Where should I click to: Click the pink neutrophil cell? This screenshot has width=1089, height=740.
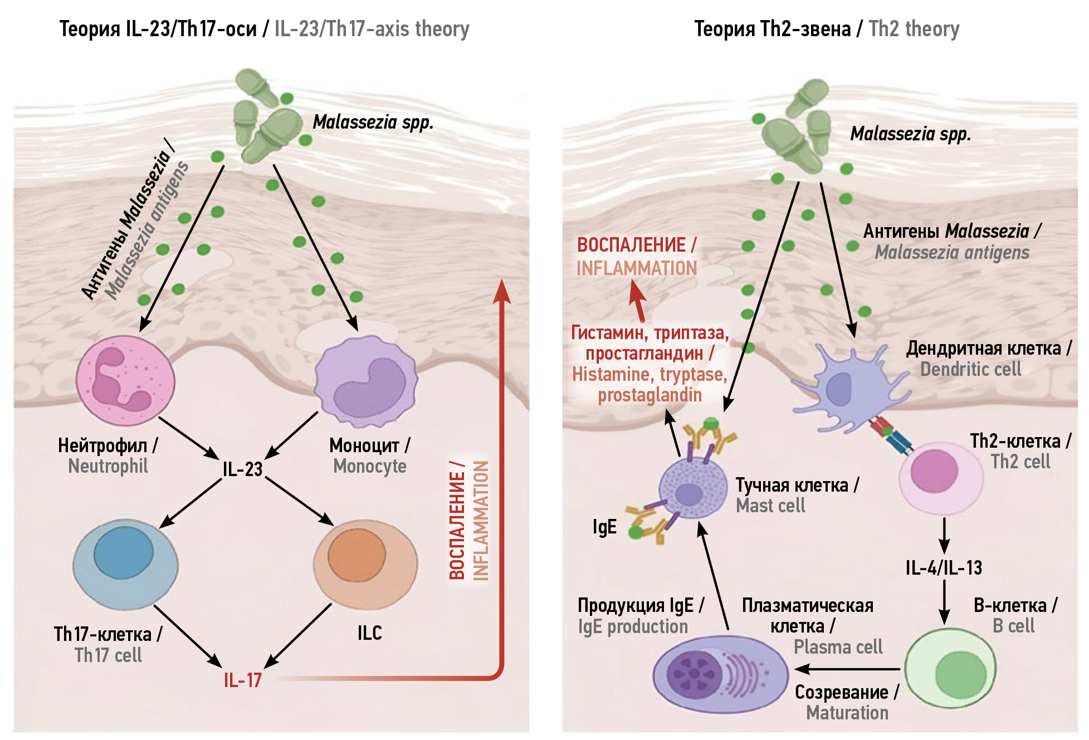click(x=125, y=381)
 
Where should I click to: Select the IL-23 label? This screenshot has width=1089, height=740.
click(x=242, y=469)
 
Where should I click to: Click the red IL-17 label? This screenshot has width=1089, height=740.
click(x=242, y=680)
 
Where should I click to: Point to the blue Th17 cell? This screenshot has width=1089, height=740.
click(x=125, y=563)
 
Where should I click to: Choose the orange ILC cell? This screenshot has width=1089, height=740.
click(x=365, y=563)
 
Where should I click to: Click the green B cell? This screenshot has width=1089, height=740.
click(x=950, y=668)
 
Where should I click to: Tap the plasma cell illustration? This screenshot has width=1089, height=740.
click(x=720, y=674)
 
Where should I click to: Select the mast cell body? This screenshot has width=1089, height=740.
click(x=692, y=489)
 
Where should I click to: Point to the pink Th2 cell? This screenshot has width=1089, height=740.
click(x=941, y=478)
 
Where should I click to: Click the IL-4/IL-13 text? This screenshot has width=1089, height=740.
click(x=944, y=567)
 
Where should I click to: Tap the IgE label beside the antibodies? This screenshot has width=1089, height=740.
click(x=604, y=527)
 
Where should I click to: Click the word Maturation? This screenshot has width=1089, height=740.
click(x=847, y=713)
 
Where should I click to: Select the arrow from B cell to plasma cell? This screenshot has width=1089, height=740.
click(x=847, y=669)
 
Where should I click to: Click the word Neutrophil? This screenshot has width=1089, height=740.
click(x=108, y=466)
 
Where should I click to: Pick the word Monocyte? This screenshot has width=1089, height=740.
click(x=370, y=466)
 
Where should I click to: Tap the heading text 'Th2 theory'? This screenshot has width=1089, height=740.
click(x=914, y=29)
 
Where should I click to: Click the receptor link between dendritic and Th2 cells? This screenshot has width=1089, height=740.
click(x=892, y=436)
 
